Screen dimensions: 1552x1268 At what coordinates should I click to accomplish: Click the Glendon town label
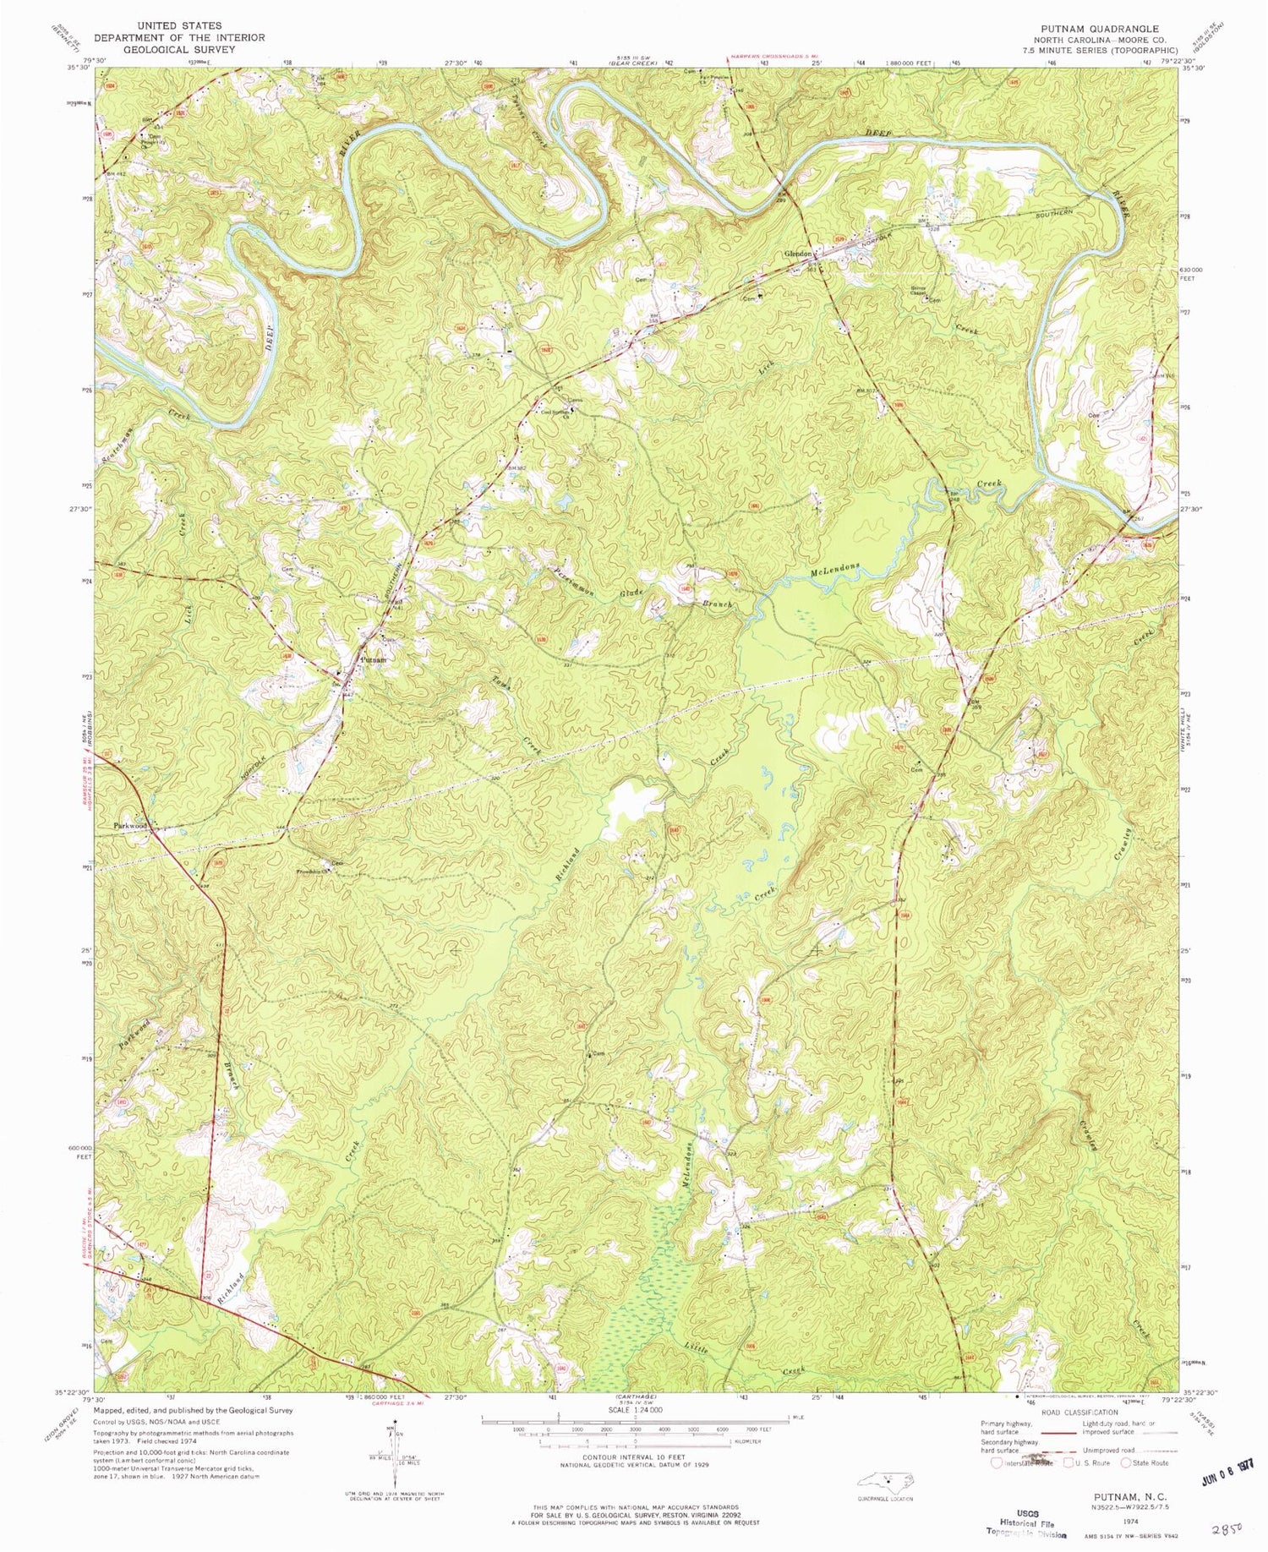[x=798, y=254]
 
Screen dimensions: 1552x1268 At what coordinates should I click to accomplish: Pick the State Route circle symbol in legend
[x=1126, y=1463]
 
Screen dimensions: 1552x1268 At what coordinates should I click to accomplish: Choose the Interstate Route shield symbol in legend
[x=998, y=1463]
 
